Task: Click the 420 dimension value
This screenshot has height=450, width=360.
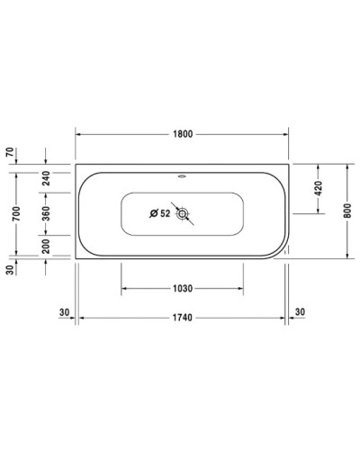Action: [x=318, y=189]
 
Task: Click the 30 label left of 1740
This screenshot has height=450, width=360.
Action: [x=64, y=311]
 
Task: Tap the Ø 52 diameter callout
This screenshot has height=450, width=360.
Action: [x=159, y=213]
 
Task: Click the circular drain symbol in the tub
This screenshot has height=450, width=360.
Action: [x=183, y=214]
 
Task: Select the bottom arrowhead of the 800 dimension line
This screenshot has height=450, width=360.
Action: [x=346, y=255]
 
